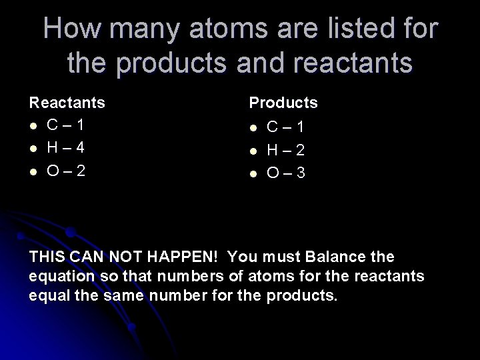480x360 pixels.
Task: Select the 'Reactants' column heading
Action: pyautogui.click(x=67, y=103)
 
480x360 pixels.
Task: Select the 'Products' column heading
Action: pyautogui.click(x=283, y=103)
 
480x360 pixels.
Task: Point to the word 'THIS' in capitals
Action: pyautogui.click(x=47, y=257)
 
